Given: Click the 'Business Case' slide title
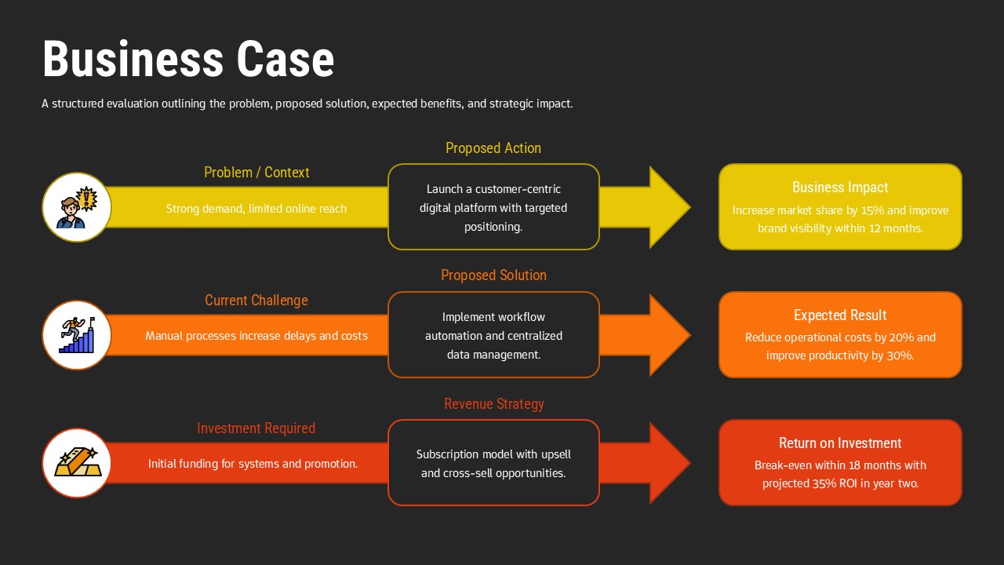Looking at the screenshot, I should coord(188,60).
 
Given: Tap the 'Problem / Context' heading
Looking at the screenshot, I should coord(256,173).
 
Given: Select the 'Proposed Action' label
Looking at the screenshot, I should coord(493,148).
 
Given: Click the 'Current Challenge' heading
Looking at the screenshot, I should coord(256,301).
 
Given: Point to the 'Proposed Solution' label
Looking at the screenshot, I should coord(493,275).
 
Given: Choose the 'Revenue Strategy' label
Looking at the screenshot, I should coord(493,404).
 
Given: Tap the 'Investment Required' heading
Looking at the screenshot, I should coord(256,428).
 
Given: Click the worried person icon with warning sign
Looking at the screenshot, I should coord(77,207).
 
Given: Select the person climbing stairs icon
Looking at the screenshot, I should coord(77,335).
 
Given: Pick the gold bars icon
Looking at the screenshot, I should coord(77,463).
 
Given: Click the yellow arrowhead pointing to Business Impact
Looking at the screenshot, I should coord(668,207).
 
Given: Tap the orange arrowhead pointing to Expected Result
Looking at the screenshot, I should coord(668,335).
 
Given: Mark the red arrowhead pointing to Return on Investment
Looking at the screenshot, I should coord(668,463).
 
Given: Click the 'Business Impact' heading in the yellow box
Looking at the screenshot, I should coord(840,188).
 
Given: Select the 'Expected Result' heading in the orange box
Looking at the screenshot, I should coord(840,315).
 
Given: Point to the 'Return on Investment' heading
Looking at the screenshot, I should coord(840,443).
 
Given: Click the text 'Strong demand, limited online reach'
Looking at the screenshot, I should coord(256,209).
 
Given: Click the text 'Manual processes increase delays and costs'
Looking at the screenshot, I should coord(256,336).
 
